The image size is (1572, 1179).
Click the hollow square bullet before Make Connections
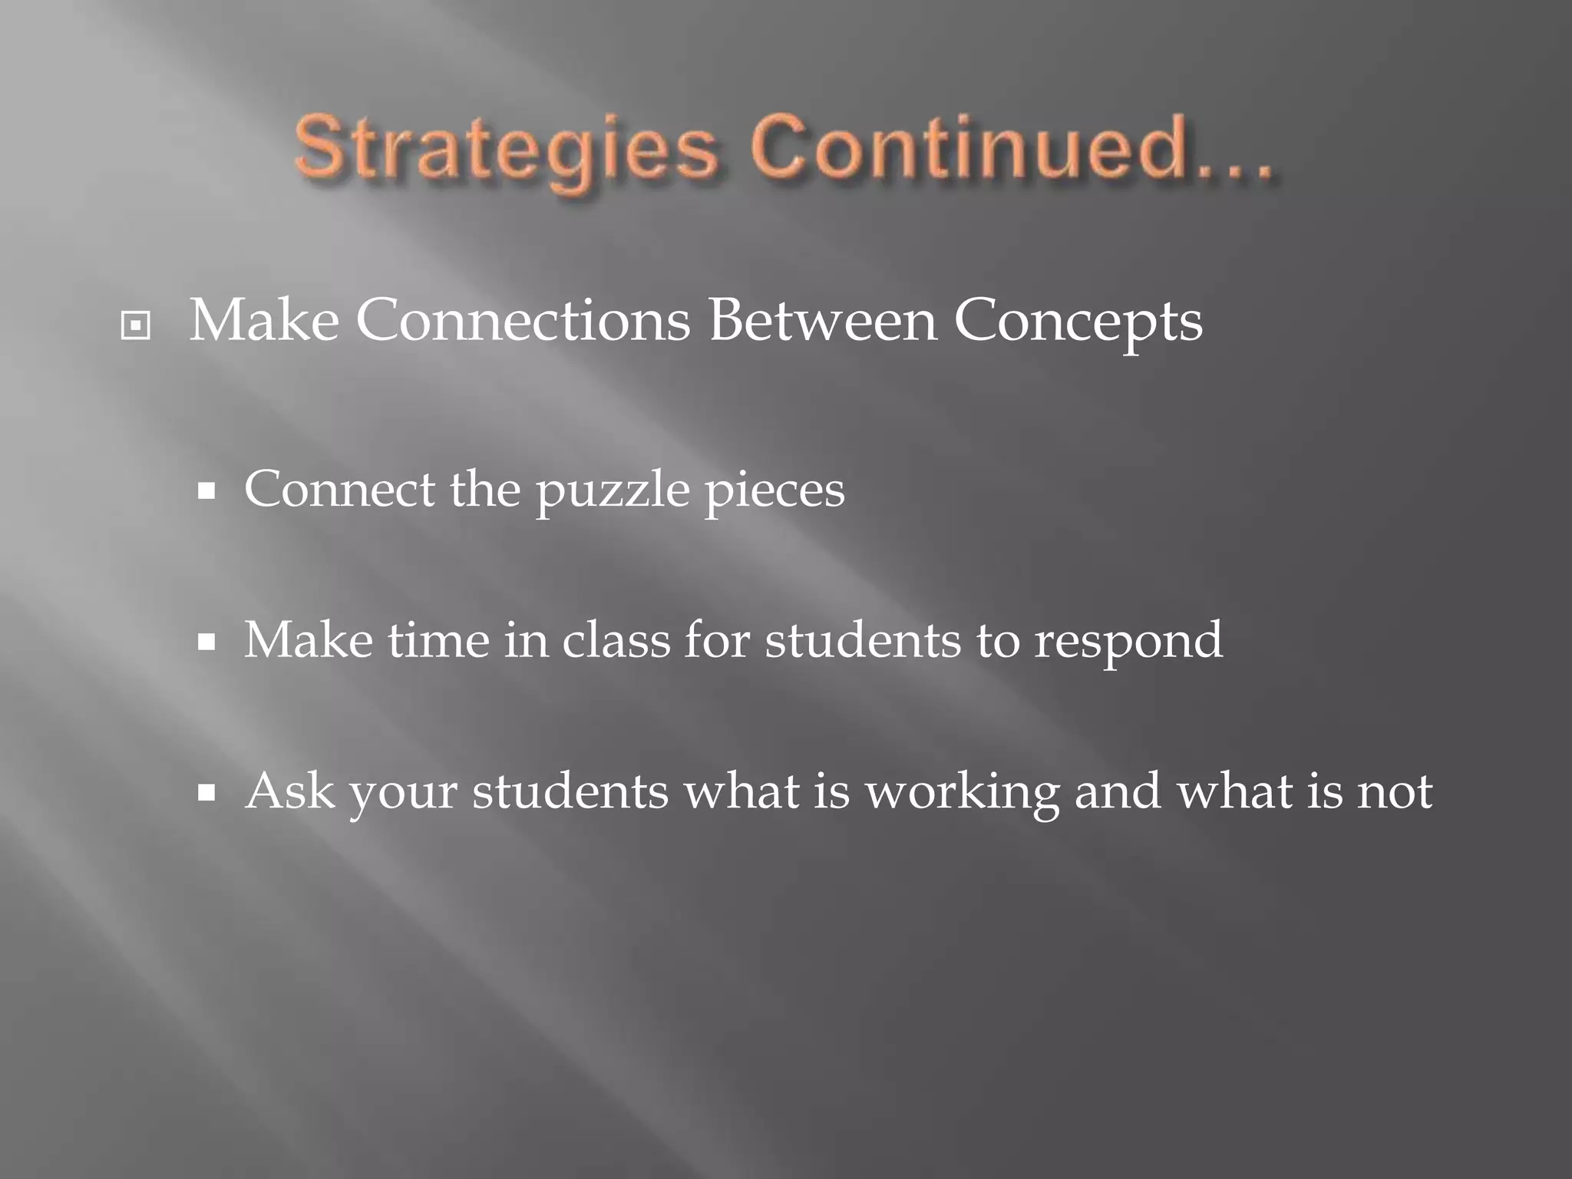coord(136,326)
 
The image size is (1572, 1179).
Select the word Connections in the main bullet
coord(522,320)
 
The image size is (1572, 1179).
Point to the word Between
coord(822,320)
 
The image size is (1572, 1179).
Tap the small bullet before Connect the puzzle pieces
coord(206,491)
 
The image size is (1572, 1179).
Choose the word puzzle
coord(613,491)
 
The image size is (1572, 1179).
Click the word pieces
coord(774,491)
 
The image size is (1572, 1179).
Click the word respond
coord(1128,642)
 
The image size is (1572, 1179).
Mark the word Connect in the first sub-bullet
coord(339,489)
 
